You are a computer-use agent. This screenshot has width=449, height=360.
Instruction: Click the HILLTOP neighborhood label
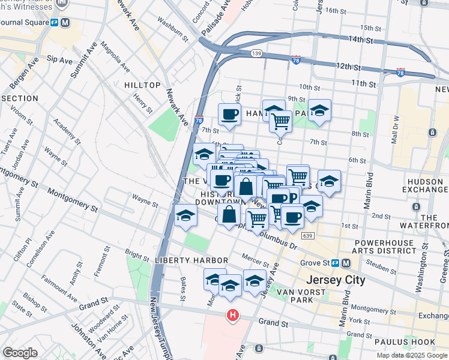[142, 86]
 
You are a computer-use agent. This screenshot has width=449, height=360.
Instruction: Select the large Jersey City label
[335, 280]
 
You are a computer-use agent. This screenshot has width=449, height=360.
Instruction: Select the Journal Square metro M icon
[64, 23]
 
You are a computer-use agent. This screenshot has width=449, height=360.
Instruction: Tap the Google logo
[20, 353]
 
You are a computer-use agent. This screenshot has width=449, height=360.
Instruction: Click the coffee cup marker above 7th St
[229, 114]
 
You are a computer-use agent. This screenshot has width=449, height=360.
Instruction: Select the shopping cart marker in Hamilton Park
[280, 122]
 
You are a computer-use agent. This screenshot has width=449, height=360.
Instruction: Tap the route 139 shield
[256, 54]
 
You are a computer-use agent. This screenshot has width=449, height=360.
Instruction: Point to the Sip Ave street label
[59, 60]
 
